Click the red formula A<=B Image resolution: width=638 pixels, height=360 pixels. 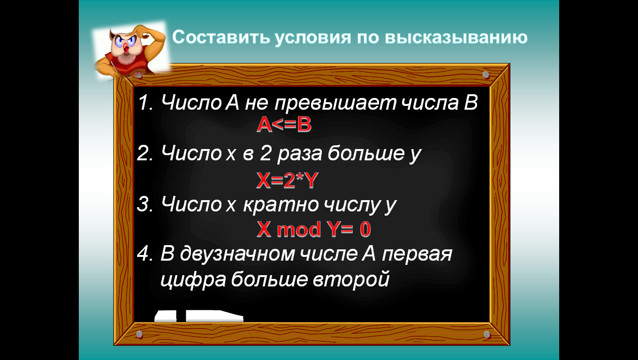pyautogui.click(x=284, y=125)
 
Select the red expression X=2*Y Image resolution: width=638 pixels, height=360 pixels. pyautogui.click(x=287, y=180)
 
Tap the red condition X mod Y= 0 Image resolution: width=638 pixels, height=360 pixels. pyautogui.click(x=313, y=229)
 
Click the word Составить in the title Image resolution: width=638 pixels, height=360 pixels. pyautogui.click(x=221, y=37)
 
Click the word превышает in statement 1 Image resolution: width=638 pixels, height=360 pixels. pyautogui.click(x=335, y=103)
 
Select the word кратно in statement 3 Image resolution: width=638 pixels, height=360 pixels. pyautogui.click(x=281, y=205)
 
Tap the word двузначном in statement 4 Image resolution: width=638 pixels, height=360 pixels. pyautogui.click(x=237, y=254)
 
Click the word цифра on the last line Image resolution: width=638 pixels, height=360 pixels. pyautogui.click(x=193, y=280)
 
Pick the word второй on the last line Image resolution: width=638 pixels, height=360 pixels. pyautogui.click(x=351, y=279)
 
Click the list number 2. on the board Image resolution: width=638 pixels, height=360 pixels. pyautogui.click(x=145, y=154)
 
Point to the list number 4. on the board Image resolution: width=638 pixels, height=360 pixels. pyautogui.click(x=145, y=254)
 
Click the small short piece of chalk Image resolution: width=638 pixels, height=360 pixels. pyautogui.click(x=166, y=316)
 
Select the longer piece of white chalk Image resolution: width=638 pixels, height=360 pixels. pyautogui.click(x=214, y=316)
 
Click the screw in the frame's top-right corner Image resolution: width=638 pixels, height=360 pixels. pyautogui.click(x=486, y=75)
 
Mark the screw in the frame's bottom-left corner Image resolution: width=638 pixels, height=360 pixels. pyautogui.click(x=140, y=334)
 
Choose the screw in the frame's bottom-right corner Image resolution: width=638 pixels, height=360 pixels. pyautogui.click(x=487, y=334)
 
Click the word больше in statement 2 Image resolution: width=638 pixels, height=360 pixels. pyautogui.click(x=366, y=154)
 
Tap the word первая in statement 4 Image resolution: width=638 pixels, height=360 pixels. pyautogui.click(x=417, y=255)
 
